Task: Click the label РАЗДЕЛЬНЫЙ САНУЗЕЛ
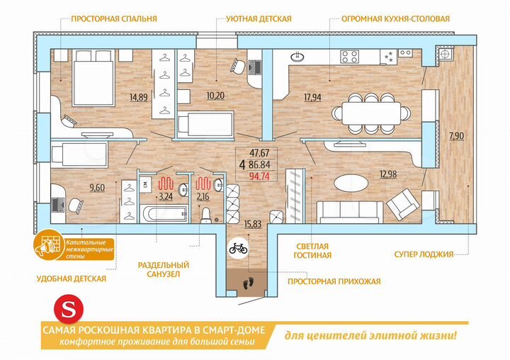(164, 269)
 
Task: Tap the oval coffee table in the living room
(352, 182)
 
